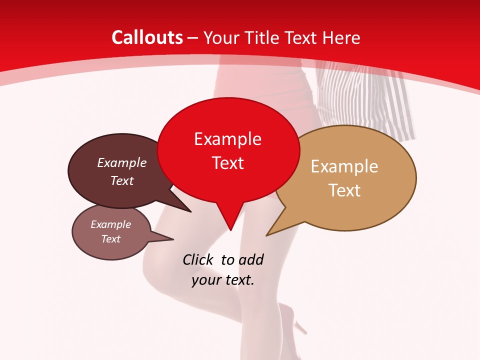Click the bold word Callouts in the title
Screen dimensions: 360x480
click(147, 37)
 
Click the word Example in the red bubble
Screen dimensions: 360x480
click(227, 139)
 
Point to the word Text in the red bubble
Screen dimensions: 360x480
click(227, 163)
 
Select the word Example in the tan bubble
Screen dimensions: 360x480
click(344, 166)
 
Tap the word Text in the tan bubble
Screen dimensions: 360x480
click(344, 190)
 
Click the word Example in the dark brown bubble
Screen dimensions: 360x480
click(122, 163)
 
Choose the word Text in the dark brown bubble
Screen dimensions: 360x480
click(122, 180)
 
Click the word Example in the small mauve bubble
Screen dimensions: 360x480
click(110, 224)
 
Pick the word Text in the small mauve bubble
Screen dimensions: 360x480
click(110, 239)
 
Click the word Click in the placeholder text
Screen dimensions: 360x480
click(197, 260)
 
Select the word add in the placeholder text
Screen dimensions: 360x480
click(251, 260)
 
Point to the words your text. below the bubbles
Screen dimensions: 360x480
click(223, 280)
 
